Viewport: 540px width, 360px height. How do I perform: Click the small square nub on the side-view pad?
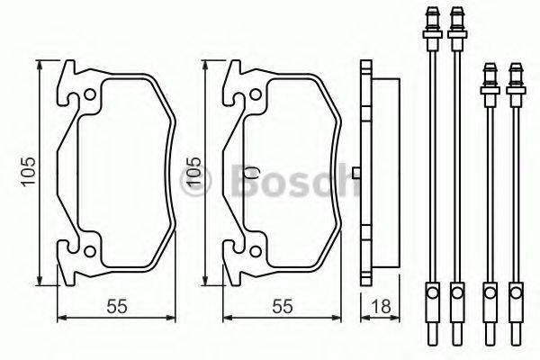(x=357, y=171)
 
